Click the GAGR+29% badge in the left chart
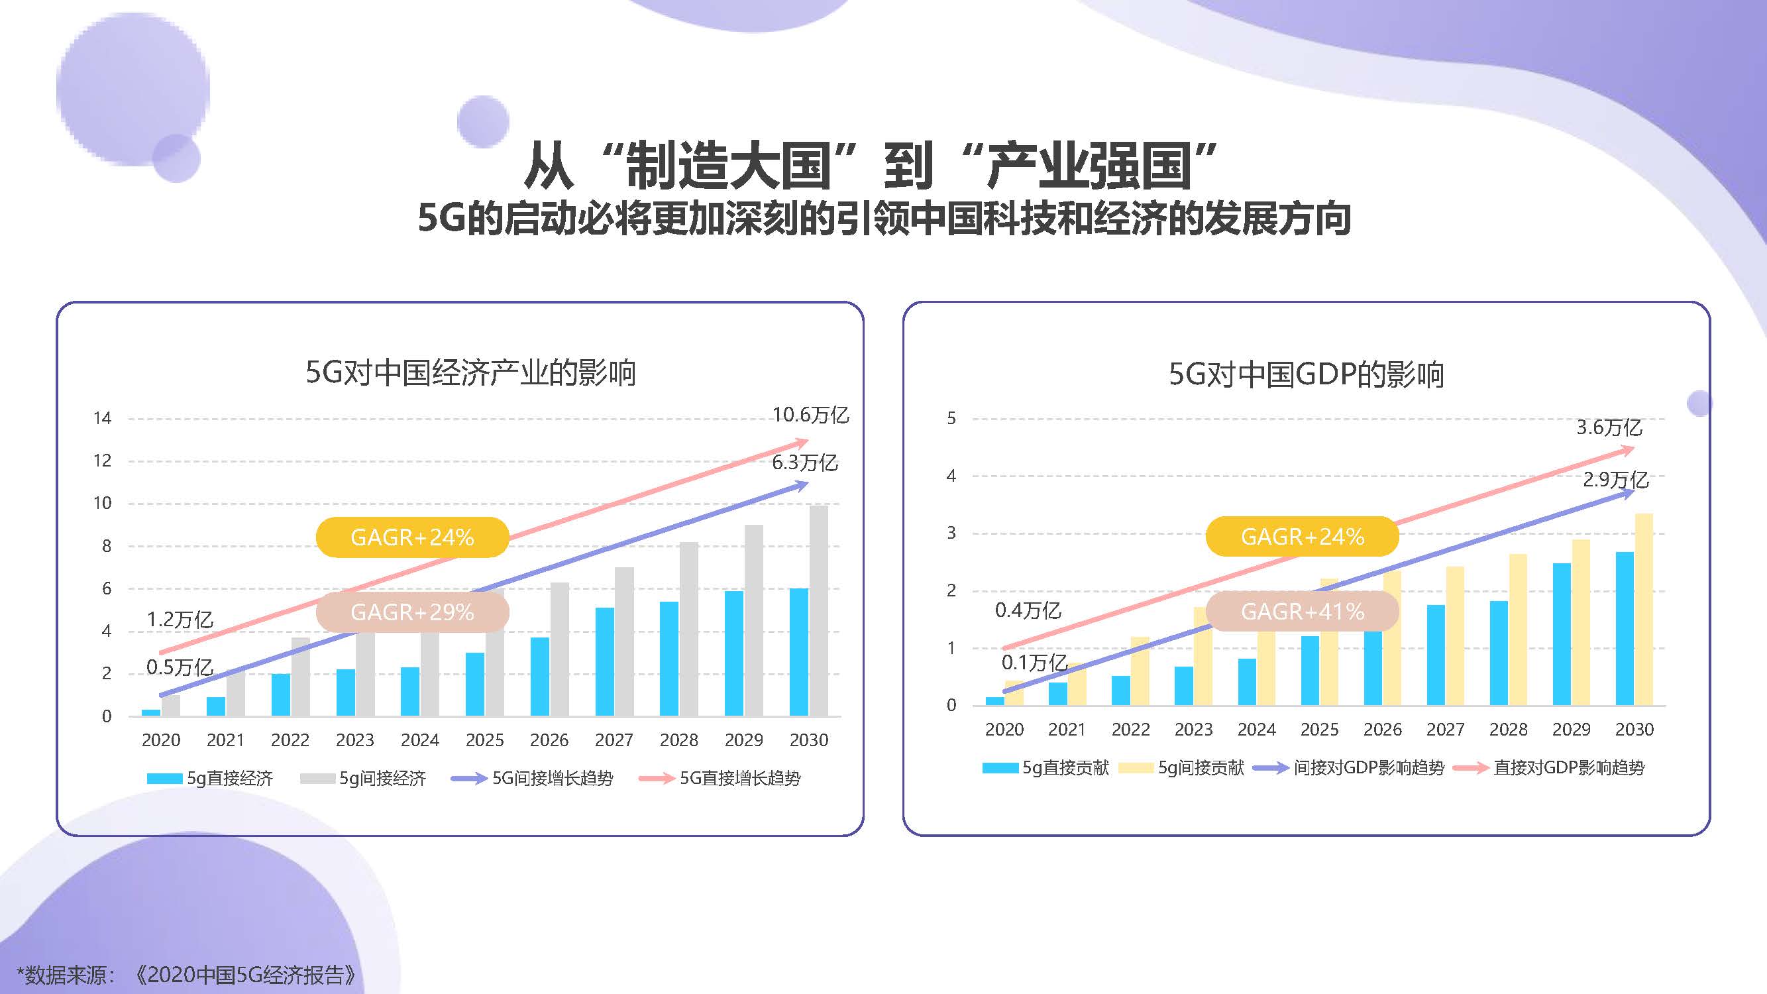coord(412,612)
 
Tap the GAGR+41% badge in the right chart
coord(1302,611)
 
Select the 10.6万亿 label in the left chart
coord(810,415)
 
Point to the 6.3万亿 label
coord(804,463)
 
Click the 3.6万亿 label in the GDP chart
coord(1609,428)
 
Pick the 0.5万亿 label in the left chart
coord(180,667)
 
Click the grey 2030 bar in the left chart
coord(818,610)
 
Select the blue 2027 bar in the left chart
coord(604,661)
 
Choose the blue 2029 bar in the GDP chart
coord(1561,634)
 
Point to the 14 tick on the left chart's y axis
coord(102,418)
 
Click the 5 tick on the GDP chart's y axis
coord(951,418)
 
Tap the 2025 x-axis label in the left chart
coord(484,740)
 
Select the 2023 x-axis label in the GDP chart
coord(1193,730)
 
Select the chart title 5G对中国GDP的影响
coord(1306,374)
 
